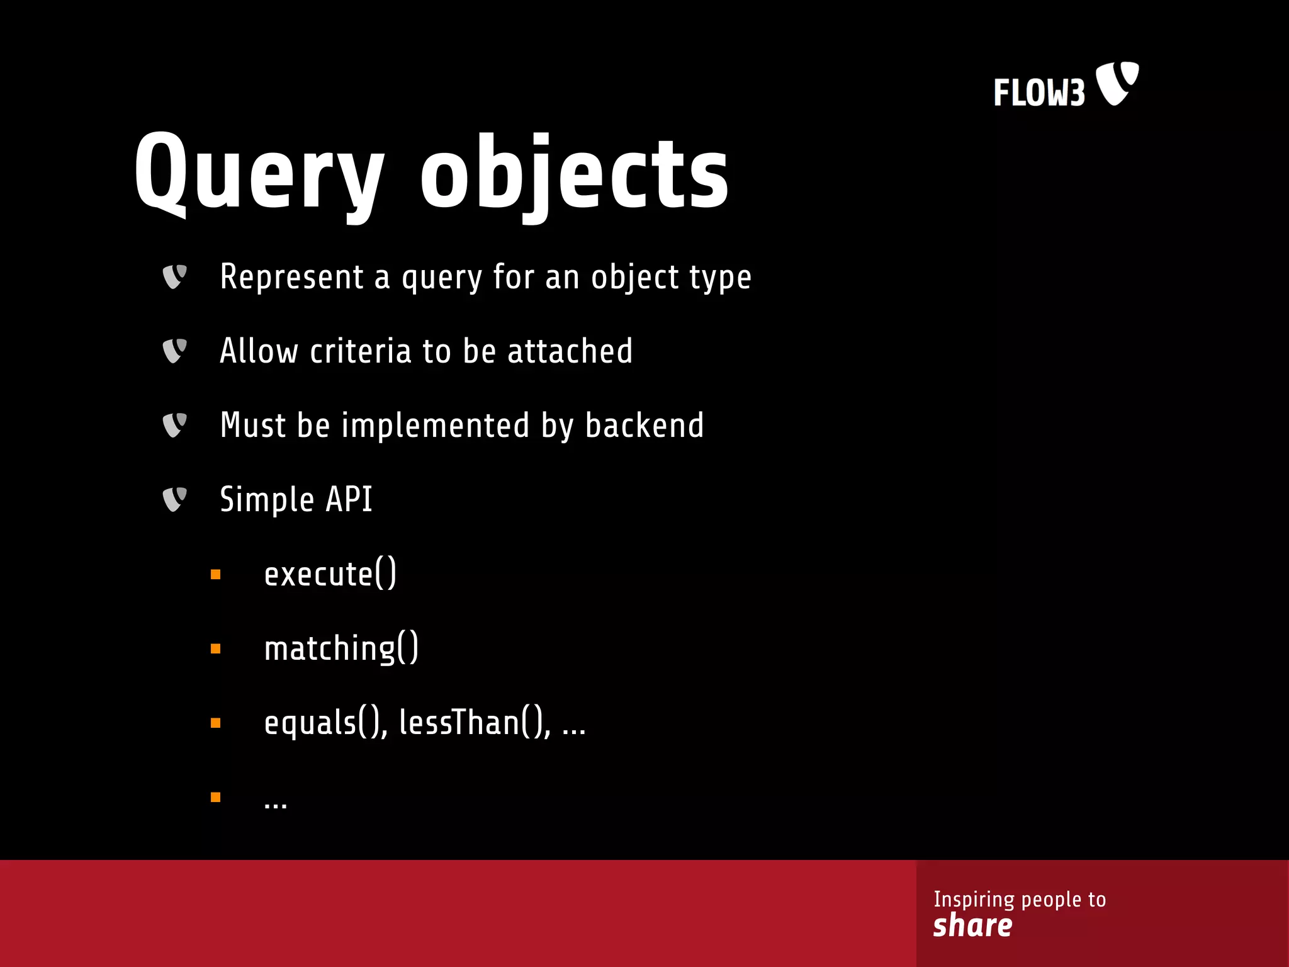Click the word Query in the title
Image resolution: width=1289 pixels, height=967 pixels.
pos(259,173)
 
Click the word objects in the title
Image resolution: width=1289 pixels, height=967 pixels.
pos(574,173)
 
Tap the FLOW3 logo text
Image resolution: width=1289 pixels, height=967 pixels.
pos(1039,93)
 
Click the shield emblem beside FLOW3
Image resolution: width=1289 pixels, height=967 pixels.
pos(1117,83)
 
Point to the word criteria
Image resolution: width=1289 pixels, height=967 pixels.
pos(360,351)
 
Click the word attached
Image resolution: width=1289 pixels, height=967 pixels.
pos(570,351)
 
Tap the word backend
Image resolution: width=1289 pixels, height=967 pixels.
pos(644,426)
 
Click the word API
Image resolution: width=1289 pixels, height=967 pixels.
pos(349,500)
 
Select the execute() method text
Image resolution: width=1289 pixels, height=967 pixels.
pos(330,574)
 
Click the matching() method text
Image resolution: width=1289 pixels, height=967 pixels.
pos(341,648)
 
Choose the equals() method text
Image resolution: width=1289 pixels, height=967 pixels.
pos(325,723)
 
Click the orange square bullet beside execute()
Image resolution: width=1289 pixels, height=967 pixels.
pos(216,574)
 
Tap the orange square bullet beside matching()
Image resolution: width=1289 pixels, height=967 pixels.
pos(216,648)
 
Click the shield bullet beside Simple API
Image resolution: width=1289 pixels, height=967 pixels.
pos(174,499)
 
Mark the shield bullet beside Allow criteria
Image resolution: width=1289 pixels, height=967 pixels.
pos(174,351)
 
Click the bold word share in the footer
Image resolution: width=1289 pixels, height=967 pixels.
pos(972,926)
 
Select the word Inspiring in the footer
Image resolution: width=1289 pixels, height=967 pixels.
pos(974,899)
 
